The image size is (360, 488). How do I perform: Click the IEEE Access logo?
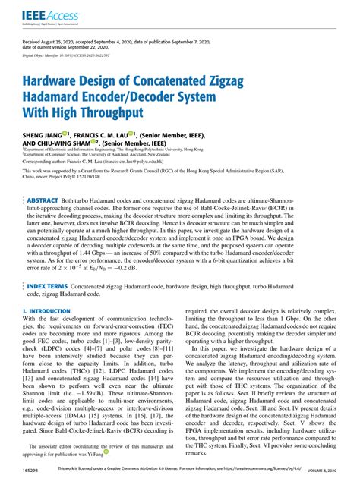tap(43, 14)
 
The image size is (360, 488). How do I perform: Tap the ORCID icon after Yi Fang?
tap(105, 453)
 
